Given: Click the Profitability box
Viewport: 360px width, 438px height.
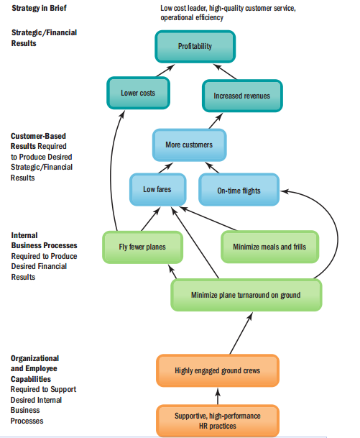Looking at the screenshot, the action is point(195,46).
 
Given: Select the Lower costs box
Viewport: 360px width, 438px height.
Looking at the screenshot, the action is point(138,93).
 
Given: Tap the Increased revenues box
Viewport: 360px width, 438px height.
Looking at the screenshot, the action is point(242,96).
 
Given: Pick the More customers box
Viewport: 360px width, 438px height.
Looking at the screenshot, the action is point(189,145).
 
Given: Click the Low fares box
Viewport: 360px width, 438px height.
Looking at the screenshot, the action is point(157,189).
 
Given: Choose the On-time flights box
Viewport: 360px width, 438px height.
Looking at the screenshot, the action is point(239,190).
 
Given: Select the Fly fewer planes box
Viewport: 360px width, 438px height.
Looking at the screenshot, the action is point(142,247).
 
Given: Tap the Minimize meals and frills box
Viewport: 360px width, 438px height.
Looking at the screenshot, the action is point(269,247).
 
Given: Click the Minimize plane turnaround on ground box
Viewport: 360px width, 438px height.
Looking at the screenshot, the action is point(246,295).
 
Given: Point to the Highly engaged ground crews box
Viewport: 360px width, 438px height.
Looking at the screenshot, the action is point(218,370).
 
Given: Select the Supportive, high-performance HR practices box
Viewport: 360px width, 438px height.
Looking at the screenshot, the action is point(218,421).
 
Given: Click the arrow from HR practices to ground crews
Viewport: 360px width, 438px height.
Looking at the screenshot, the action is point(218,396).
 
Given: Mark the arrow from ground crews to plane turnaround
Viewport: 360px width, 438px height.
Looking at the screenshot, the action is point(241,333).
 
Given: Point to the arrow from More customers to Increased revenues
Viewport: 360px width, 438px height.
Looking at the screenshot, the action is point(216,121).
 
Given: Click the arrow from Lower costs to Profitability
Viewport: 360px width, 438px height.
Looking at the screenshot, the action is point(165,70).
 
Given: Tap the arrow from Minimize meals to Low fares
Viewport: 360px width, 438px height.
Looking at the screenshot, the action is point(208,219).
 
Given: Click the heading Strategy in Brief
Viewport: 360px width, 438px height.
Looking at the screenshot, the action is point(39,8).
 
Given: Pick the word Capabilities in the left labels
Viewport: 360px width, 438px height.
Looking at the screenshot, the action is point(31,379).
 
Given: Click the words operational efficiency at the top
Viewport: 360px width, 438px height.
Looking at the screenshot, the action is point(192,17).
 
